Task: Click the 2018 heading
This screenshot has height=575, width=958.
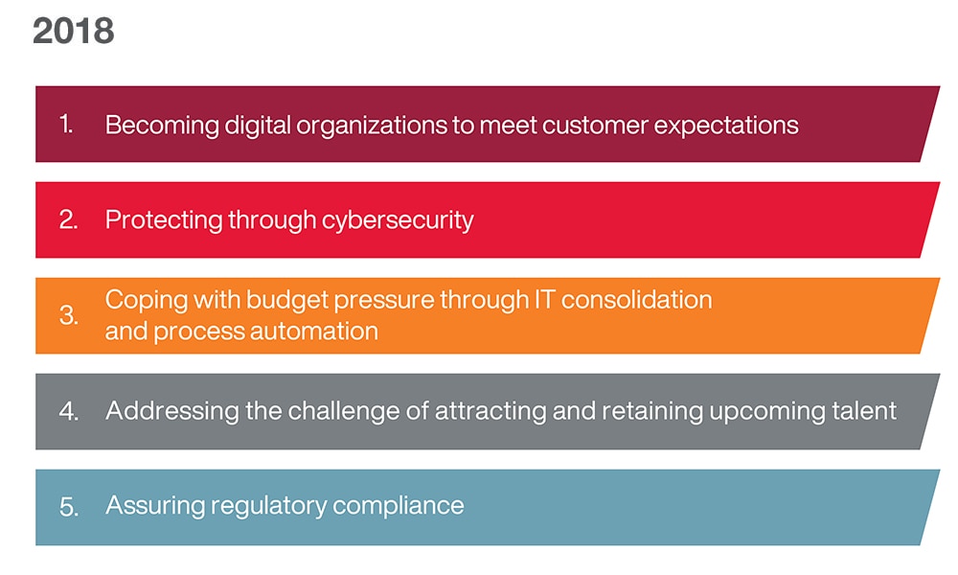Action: point(74,32)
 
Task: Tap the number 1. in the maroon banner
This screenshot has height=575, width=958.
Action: point(67,124)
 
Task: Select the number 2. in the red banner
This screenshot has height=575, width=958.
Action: point(68,219)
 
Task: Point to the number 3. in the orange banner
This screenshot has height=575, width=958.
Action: point(68,315)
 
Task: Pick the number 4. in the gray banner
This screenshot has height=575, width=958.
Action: point(69,410)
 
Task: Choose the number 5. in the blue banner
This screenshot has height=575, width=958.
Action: point(69,507)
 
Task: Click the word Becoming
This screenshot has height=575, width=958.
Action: point(162,126)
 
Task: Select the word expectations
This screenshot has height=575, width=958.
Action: point(726,126)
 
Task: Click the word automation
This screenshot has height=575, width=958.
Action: point(314,332)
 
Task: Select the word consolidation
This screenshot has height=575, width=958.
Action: point(636,299)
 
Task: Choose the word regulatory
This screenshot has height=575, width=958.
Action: point(268,507)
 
